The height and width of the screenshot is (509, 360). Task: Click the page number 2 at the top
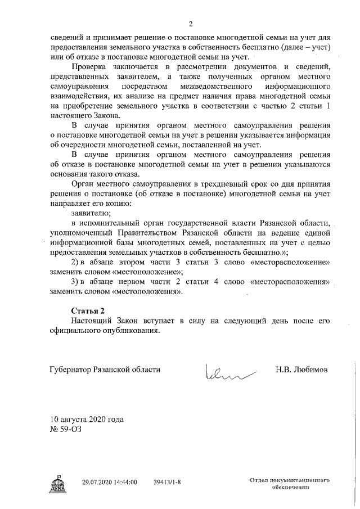191,24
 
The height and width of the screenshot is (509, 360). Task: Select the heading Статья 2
88,311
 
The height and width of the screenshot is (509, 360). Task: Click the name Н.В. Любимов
301,370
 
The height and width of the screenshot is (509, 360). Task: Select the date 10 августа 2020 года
87,420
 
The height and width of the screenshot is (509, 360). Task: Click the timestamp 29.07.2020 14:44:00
109,483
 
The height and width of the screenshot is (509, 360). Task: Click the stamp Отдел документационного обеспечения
290,485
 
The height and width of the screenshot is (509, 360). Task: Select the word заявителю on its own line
91,213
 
